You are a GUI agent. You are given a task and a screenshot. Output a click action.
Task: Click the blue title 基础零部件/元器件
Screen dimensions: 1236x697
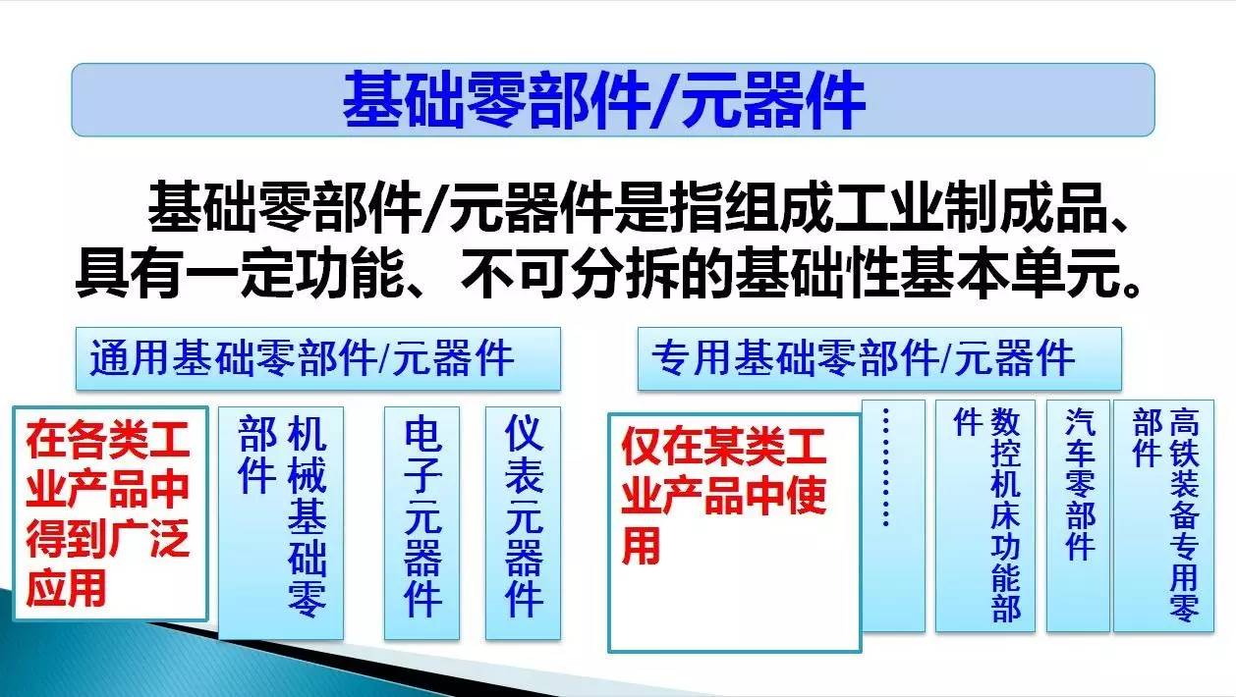point(603,100)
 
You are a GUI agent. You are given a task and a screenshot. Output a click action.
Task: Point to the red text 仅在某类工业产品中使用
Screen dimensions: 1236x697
point(723,497)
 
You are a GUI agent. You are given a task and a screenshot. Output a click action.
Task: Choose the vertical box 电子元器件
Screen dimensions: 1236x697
point(422,523)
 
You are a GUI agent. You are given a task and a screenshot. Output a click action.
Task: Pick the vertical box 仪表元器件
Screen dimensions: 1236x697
point(523,523)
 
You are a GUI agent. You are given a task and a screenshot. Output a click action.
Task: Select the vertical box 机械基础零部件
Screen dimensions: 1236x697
point(281,523)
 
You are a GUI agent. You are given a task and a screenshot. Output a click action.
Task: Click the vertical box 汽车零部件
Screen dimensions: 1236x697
point(1078,516)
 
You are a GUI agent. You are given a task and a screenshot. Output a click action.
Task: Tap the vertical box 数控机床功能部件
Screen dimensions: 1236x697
point(984,516)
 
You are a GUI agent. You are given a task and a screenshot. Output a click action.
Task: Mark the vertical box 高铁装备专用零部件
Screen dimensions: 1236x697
point(1163,516)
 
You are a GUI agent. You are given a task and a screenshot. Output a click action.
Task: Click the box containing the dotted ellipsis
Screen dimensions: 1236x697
point(893,516)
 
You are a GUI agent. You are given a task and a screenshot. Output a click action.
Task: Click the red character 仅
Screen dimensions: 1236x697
point(642,448)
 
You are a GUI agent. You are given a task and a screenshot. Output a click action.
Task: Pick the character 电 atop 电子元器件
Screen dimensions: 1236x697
point(422,434)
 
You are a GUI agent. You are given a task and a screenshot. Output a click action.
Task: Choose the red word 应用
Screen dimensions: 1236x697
point(66,588)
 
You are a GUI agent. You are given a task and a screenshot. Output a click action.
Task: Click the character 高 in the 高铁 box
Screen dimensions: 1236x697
point(1184,421)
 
